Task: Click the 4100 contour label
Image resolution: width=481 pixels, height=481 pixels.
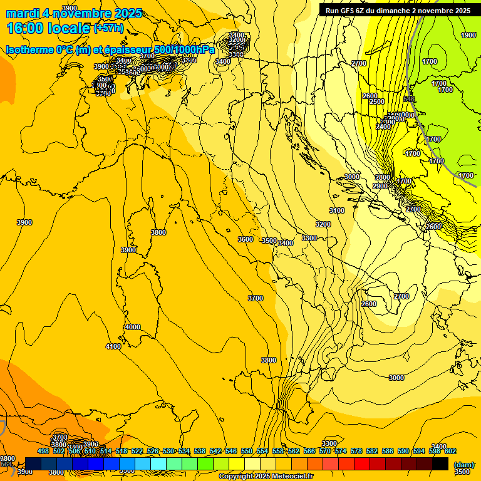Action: (x=113, y=346)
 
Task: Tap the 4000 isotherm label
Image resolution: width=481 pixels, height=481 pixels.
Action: (x=133, y=327)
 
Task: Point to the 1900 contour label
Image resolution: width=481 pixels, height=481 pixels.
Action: (x=468, y=36)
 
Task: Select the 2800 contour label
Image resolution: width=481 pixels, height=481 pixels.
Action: (x=383, y=178)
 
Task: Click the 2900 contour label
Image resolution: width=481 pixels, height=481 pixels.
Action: (x=380, y=187)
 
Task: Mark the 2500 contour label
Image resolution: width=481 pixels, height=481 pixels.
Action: (x=376, y=101)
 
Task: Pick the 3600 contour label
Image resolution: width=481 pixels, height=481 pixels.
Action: (x=246, y=239)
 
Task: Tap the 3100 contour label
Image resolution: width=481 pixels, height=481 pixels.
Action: (x=337, y=210)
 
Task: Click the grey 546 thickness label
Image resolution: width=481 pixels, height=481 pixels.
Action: (x=409, y=99)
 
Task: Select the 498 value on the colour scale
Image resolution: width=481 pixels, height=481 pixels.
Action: (x=43, y=451)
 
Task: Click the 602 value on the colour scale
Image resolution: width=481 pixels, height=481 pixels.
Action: (x=450, y=451)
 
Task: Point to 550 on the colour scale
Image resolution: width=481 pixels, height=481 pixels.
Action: (x=247, y=451)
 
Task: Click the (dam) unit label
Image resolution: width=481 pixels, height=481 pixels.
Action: (x=463, y=464)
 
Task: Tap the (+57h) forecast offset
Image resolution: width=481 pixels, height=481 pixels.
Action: (x=108, y=28)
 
